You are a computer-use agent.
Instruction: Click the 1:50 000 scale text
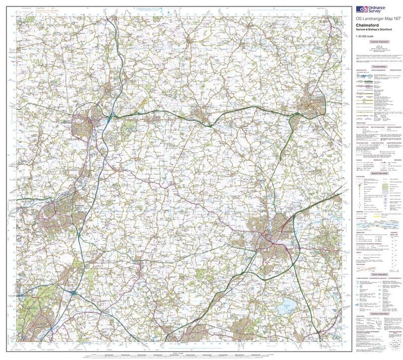[x=365, y=39]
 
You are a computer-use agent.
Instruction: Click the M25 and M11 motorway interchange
[x=75, y=292]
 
